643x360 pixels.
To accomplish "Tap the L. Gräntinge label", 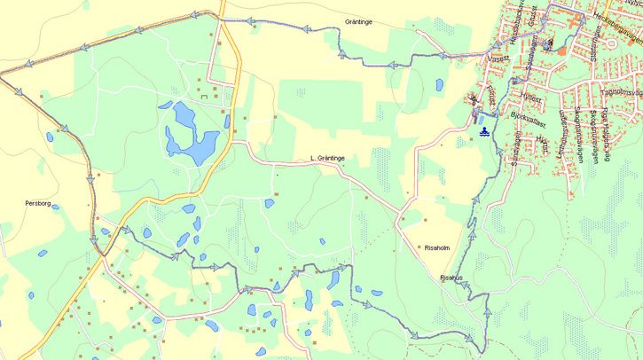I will pyautogui.click(x=327, y=158).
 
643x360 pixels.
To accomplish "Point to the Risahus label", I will pyautogui.click(x=451, y=278).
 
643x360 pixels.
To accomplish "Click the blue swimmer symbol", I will pyautogui.click(x=484, y=131).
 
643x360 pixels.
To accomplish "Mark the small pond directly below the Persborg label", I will pyautogui.click(x=42, y=254).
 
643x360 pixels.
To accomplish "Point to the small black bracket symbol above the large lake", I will pyautogui.click(x=203, y=95).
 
